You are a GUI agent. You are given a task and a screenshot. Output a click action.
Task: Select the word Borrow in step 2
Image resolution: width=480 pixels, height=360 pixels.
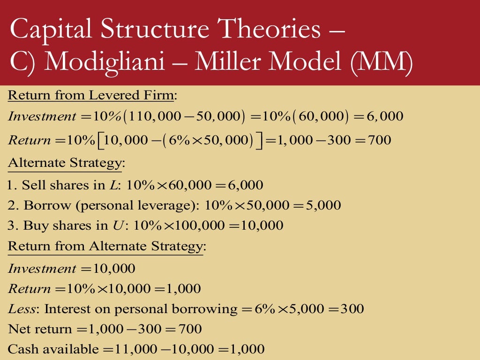click(x=42, y=205)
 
